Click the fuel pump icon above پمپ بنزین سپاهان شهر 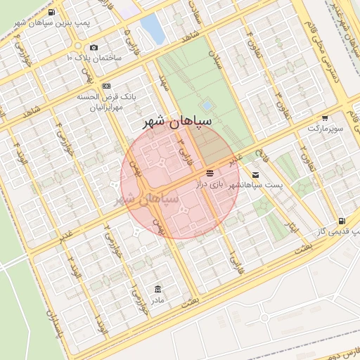52,13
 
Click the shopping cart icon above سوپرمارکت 324,118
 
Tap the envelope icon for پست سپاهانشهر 255,174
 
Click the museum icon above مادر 157,289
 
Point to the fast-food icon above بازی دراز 209,172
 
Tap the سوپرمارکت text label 324,130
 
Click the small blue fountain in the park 207,105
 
